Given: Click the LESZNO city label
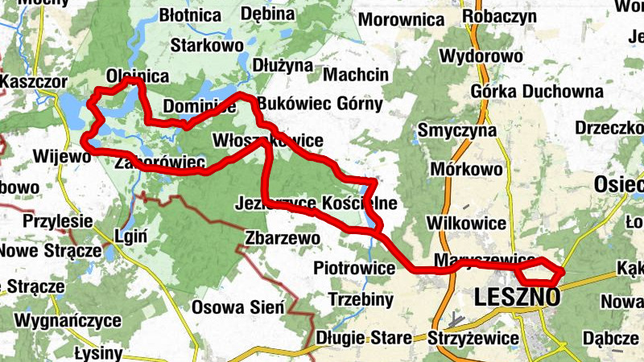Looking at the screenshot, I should (x=518, y=297).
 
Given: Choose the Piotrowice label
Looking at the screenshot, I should (x=352, y=266).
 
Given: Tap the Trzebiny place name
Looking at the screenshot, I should (x=361, y=299).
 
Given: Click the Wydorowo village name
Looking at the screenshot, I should (x=482, y=56).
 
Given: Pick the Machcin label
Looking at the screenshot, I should (x=355, y=75).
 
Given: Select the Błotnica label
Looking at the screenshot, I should (x=191, y=15).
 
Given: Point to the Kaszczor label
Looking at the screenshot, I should (x=33, y=82).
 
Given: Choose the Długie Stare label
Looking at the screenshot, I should (x=364, y=338).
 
